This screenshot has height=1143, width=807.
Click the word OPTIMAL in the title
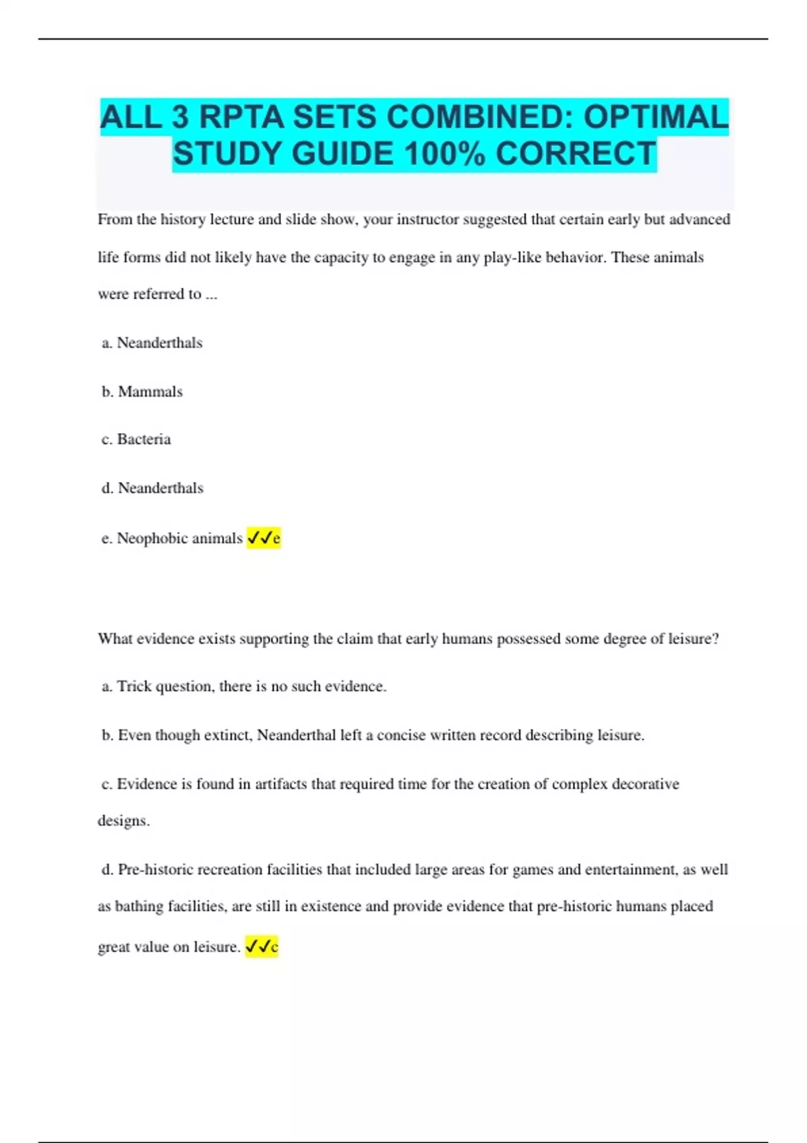656,117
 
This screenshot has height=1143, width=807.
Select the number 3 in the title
180,117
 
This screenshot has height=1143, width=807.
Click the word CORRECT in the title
575,153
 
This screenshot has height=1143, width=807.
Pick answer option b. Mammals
143,391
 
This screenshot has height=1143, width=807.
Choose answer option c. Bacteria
137,439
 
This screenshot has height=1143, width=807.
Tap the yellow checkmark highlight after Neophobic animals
264,538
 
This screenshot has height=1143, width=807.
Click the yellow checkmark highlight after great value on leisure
262,947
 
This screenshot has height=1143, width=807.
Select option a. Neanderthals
152,343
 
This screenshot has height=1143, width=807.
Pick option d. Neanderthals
153,488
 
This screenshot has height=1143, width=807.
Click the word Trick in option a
134,686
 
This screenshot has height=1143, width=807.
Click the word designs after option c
123,821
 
